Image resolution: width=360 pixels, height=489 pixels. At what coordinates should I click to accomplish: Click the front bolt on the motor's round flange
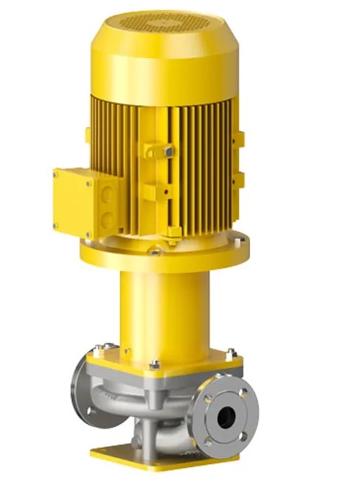(x=156, y=252)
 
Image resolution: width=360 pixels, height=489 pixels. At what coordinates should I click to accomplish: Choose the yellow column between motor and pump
(x=164, y=310)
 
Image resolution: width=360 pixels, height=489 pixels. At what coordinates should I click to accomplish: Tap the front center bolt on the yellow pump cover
(x=155, y=364)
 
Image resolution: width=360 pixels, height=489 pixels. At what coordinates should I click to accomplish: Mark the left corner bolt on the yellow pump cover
(x=96, y=350)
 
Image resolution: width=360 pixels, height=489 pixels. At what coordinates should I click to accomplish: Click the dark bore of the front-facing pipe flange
(x=225, y=416)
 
